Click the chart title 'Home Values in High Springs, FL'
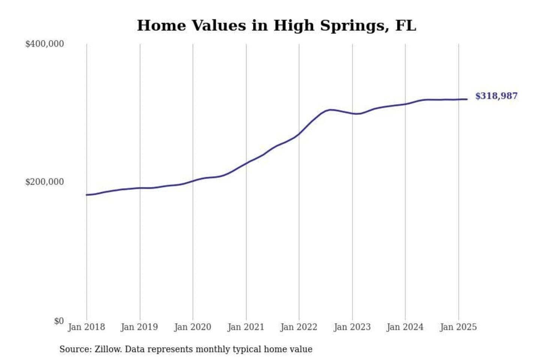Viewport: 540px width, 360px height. tap(276, 26)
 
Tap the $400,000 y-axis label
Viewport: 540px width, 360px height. tap(44, 44)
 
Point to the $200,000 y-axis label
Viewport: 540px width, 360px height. tap(44, 182)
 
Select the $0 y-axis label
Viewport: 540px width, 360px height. tap(58, 321)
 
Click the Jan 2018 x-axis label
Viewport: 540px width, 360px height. tap(86, 327)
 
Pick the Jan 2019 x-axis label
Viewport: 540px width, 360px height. tap(139, 327)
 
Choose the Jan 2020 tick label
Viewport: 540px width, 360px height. tap(193, 327)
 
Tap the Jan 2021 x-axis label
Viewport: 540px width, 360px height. tap(246, 327)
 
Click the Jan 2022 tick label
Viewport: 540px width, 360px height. tap(299, 327)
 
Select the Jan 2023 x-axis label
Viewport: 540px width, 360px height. tap(352, 327)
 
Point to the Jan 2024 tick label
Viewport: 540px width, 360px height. tap(405, 327)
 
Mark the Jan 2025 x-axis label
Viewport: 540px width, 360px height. tap(458, 327)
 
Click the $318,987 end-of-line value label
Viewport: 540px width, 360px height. tap(496, 96)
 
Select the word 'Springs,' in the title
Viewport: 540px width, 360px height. tap(355, 26)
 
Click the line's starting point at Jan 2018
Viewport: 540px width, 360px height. tap(87, 195)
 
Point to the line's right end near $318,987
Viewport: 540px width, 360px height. tap(467, 99)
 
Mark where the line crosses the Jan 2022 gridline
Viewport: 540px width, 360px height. tap(299, 133)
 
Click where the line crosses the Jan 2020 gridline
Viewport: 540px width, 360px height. tap(193, 181)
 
